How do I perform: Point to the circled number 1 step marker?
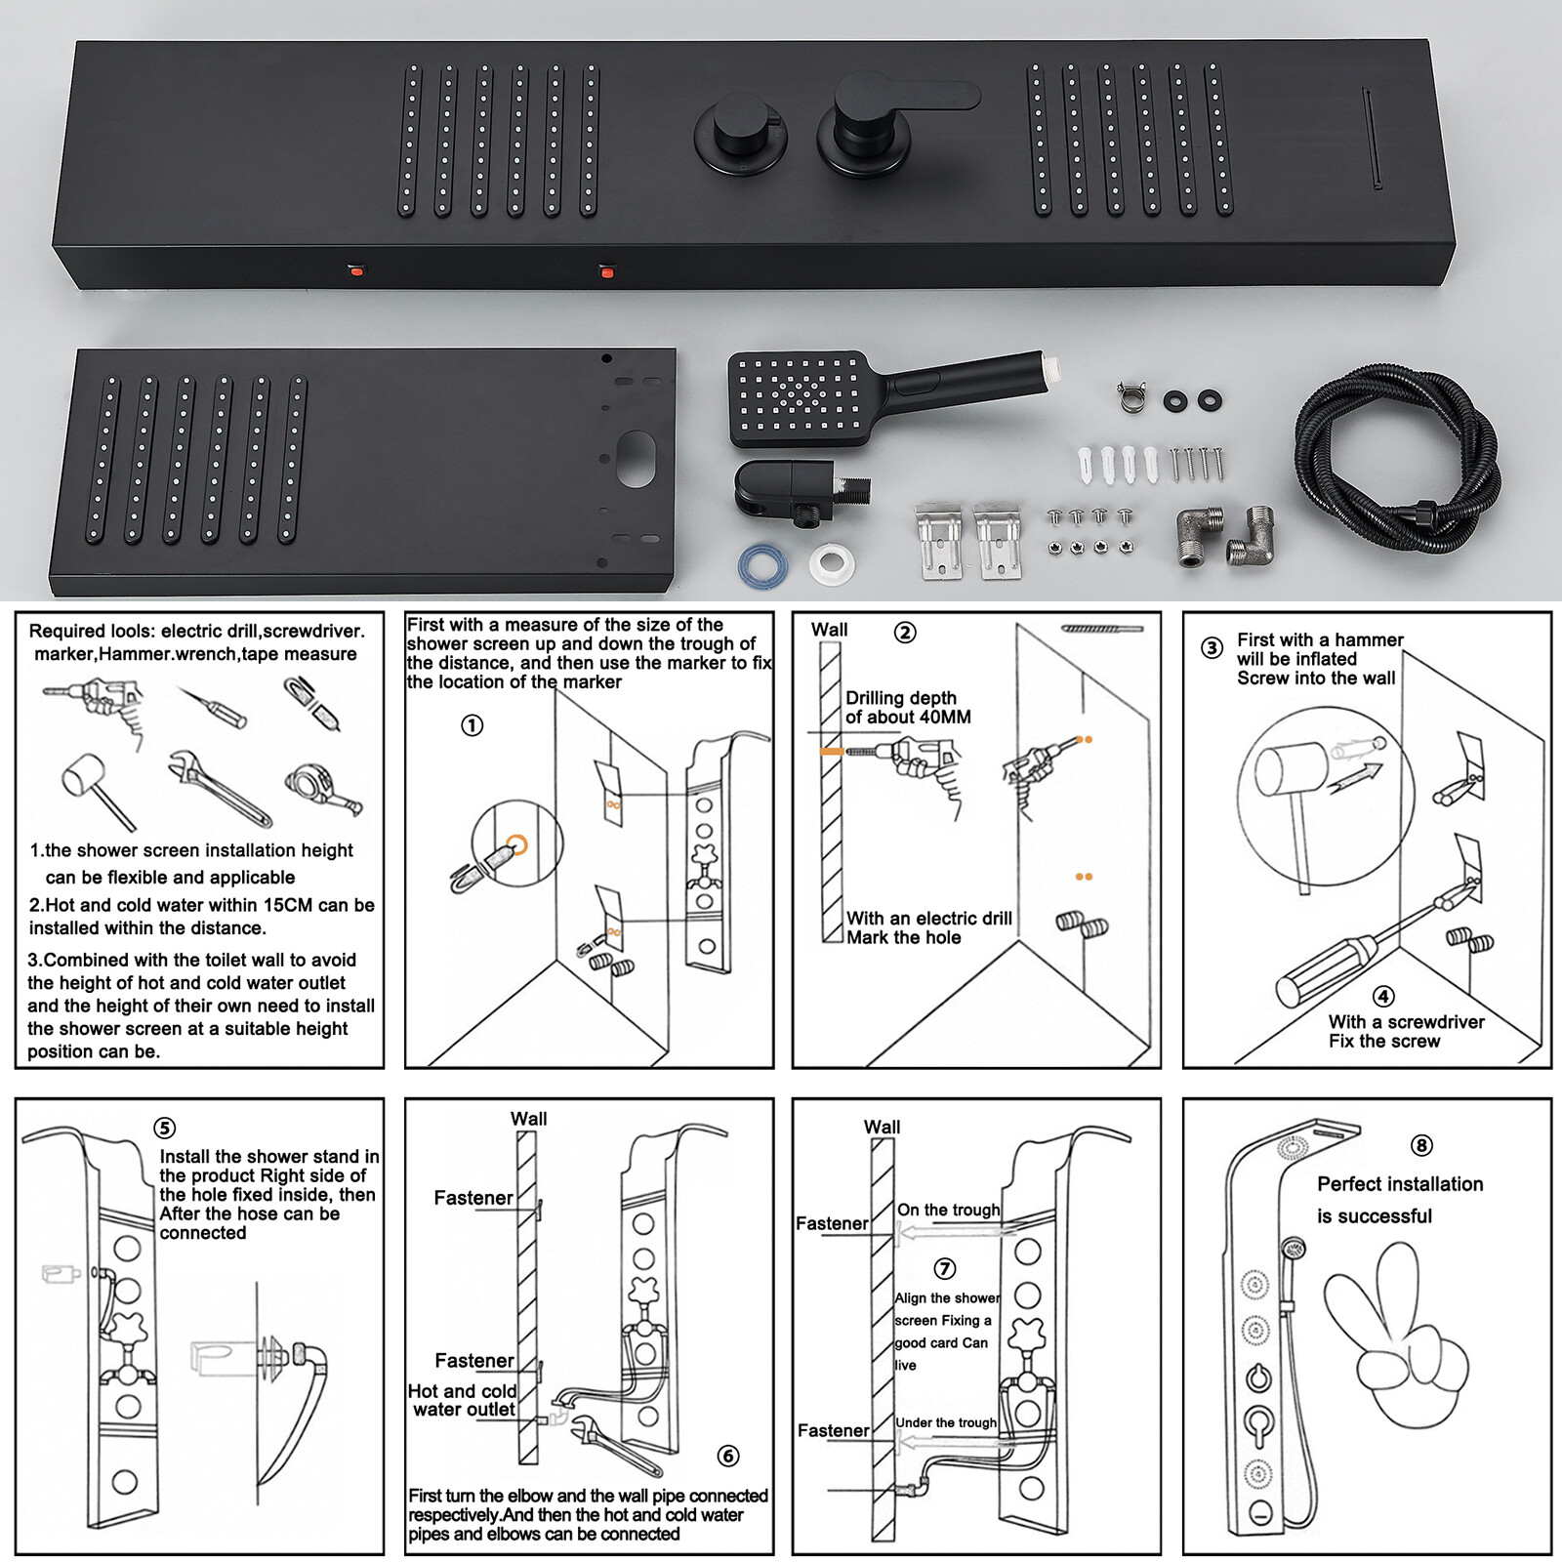473,725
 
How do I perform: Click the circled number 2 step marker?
905,633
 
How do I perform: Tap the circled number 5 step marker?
165,1129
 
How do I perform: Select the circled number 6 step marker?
728,1456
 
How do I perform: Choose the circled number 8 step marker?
1421,1145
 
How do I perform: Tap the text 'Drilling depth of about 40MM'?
908,708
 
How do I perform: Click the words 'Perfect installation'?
1400,1184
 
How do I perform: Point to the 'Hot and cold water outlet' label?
462,1400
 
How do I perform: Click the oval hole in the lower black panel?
637,458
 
